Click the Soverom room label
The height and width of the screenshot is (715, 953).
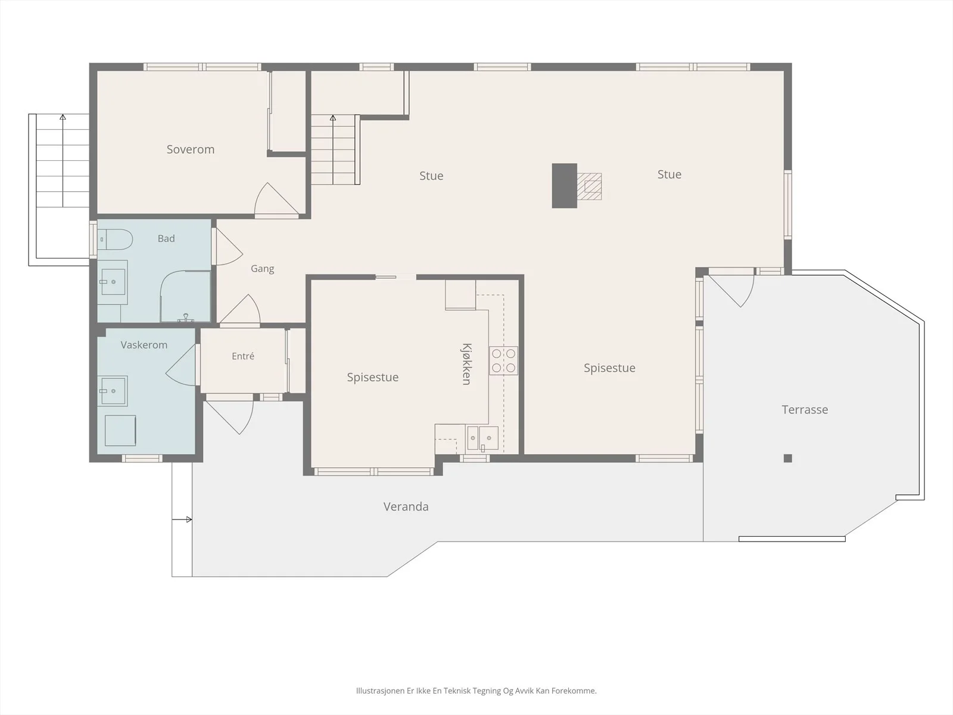[191, 150]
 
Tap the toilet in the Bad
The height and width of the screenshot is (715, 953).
[114, 239]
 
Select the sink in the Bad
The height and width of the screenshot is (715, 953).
[113, 282]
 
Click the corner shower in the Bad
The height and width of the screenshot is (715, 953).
[185, 297]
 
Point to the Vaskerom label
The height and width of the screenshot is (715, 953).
[144, 345]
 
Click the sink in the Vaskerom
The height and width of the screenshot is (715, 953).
[113, 391]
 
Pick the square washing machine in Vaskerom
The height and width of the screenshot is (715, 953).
[120, 431]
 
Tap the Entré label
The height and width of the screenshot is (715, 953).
[242, 356]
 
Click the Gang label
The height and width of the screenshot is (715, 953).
[262, 269]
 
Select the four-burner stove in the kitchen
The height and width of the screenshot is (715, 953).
[504, 360]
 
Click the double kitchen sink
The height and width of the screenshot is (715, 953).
[482, 438]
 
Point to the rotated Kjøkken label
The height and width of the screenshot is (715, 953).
[466, 364]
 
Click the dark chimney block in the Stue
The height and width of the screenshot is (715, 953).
[565, 186]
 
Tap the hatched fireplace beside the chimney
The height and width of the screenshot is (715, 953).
[589, 186]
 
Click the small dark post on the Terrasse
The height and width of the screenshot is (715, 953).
[787, 458]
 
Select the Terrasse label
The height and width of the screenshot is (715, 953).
[805, 409]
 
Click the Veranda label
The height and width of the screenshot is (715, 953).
[406, 506]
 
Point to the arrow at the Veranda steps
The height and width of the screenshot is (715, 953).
[182, 520]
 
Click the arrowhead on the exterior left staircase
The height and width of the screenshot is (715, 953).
[63, 117]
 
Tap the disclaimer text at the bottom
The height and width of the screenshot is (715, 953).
[476, 691]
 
